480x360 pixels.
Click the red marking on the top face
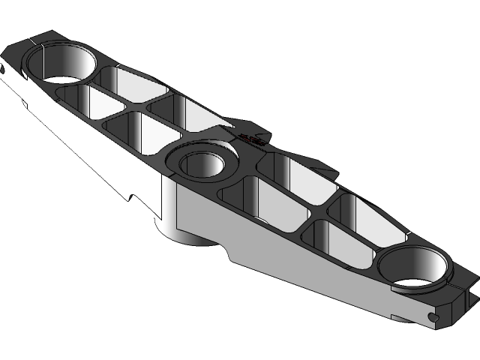[x=253, y=138]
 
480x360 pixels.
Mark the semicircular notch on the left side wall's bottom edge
[x=133, y=199]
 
